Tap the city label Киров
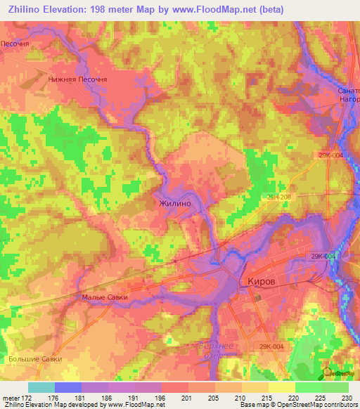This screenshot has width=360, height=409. [x=263, y=280]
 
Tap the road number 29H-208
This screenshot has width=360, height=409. [x=279, y=199]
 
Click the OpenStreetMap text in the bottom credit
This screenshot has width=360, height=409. [x=309, y=405]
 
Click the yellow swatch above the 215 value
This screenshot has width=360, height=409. [x=255, y=387]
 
